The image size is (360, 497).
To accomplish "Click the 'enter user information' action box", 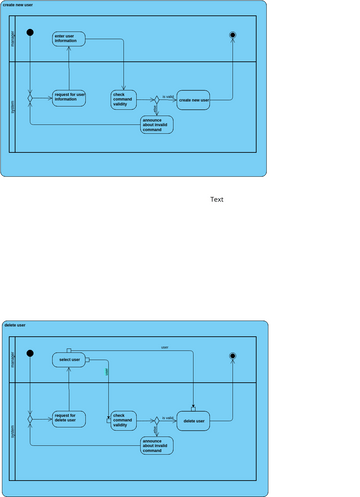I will pos(69,38).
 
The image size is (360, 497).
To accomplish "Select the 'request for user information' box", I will pos(69,97).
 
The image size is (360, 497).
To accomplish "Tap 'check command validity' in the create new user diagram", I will pos(124,99).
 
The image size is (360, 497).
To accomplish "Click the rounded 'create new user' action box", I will pos(194,100).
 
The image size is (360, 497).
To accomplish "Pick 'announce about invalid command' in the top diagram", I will pos(157,125).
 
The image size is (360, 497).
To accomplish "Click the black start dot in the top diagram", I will pos(30,34).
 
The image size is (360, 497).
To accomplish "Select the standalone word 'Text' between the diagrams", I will pos(217,199).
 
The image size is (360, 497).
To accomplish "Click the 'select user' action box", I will pos(69,359).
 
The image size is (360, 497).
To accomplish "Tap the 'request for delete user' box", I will pos(69,418).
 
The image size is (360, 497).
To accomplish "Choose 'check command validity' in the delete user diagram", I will pos(124,420).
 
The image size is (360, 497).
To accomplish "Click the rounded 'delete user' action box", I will pos(194,421).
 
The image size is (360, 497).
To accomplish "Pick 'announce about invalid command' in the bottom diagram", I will pos(157,446).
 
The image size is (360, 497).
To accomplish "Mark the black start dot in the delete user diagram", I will pos(30,355).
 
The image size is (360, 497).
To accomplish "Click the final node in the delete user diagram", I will pos(233,356).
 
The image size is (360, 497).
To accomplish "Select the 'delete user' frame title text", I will pos(15,325).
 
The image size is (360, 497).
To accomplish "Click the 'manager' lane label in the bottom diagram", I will pos(12,360).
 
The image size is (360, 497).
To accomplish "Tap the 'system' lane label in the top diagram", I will pos(12,106).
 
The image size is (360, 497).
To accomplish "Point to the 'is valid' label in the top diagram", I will pos(168,96).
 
